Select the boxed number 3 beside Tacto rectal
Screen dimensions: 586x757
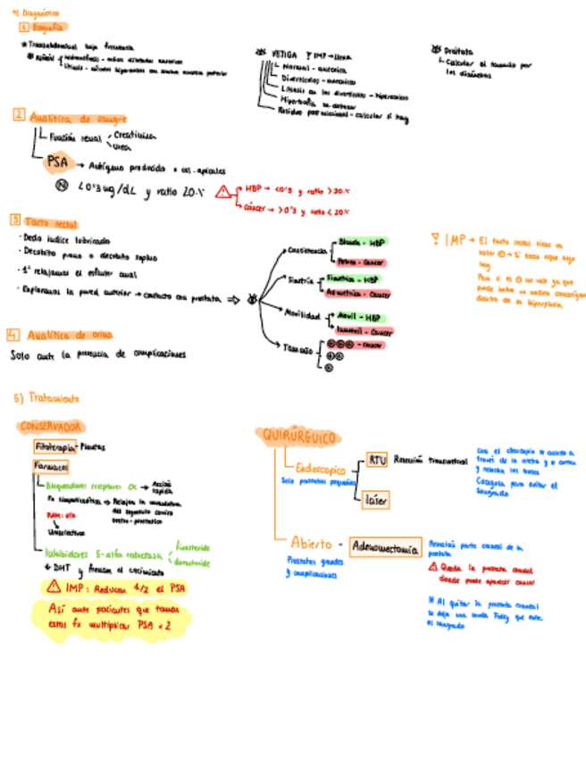point(14,220)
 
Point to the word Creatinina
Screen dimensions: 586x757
point(135,136)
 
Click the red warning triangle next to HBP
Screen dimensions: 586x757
point(222,191)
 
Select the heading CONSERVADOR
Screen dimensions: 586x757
point(51,427)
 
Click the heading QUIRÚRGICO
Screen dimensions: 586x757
point(297,437)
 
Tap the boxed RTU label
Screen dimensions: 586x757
point(378,461)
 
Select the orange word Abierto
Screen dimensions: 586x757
point(311,543)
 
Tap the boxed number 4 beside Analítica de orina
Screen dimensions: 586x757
point(13,335)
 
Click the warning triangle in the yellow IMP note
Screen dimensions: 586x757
point(54,586)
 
